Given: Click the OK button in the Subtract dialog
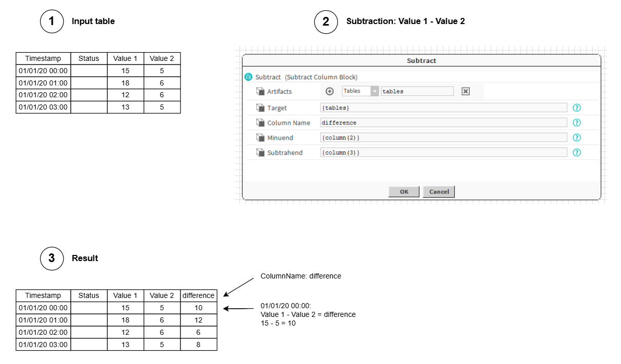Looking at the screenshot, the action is (x=404, y=191).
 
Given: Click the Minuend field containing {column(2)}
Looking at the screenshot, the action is (x=443, y=138).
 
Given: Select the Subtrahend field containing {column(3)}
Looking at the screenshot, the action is (x=443, y=153).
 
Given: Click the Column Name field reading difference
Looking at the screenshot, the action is (x=443, y=123).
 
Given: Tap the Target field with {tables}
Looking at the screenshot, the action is (x=443, y=108).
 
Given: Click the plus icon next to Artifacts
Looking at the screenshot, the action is (x=329, y=91).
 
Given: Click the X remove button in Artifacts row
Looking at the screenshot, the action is (x=466, y=91).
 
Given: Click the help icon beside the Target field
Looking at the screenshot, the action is (x=576, y=108).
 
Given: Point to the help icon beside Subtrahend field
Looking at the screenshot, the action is (x=576, y=153).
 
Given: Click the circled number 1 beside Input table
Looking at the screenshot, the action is (x=52, y=22).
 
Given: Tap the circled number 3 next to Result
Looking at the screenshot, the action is (x=52, y=258).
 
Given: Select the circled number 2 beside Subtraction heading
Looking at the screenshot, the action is (x=326, y=22).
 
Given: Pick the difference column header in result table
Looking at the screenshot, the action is (x=198, y=295).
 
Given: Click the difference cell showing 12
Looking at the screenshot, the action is (x=198, y=320).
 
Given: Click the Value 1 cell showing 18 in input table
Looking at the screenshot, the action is (x=125, y=83).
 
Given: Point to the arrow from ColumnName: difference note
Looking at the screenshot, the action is (x=238, y=287).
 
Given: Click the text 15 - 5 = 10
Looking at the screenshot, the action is (x=278, y=323).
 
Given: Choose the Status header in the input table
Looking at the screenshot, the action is (x=89, y=58).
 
